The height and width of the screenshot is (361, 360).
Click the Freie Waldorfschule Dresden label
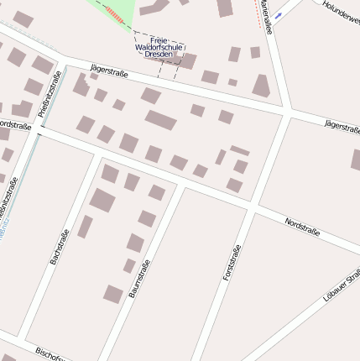click(x=159, y=47)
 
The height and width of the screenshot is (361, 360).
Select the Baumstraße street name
click(x=139, y=278)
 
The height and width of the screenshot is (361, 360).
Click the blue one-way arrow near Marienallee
click(x=279, y=15)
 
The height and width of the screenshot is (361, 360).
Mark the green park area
click(x=117, y=10)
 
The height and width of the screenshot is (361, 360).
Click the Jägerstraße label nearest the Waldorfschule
click(x=107, y=73)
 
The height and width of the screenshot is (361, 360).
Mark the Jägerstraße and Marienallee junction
click(x=287, y=111)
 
